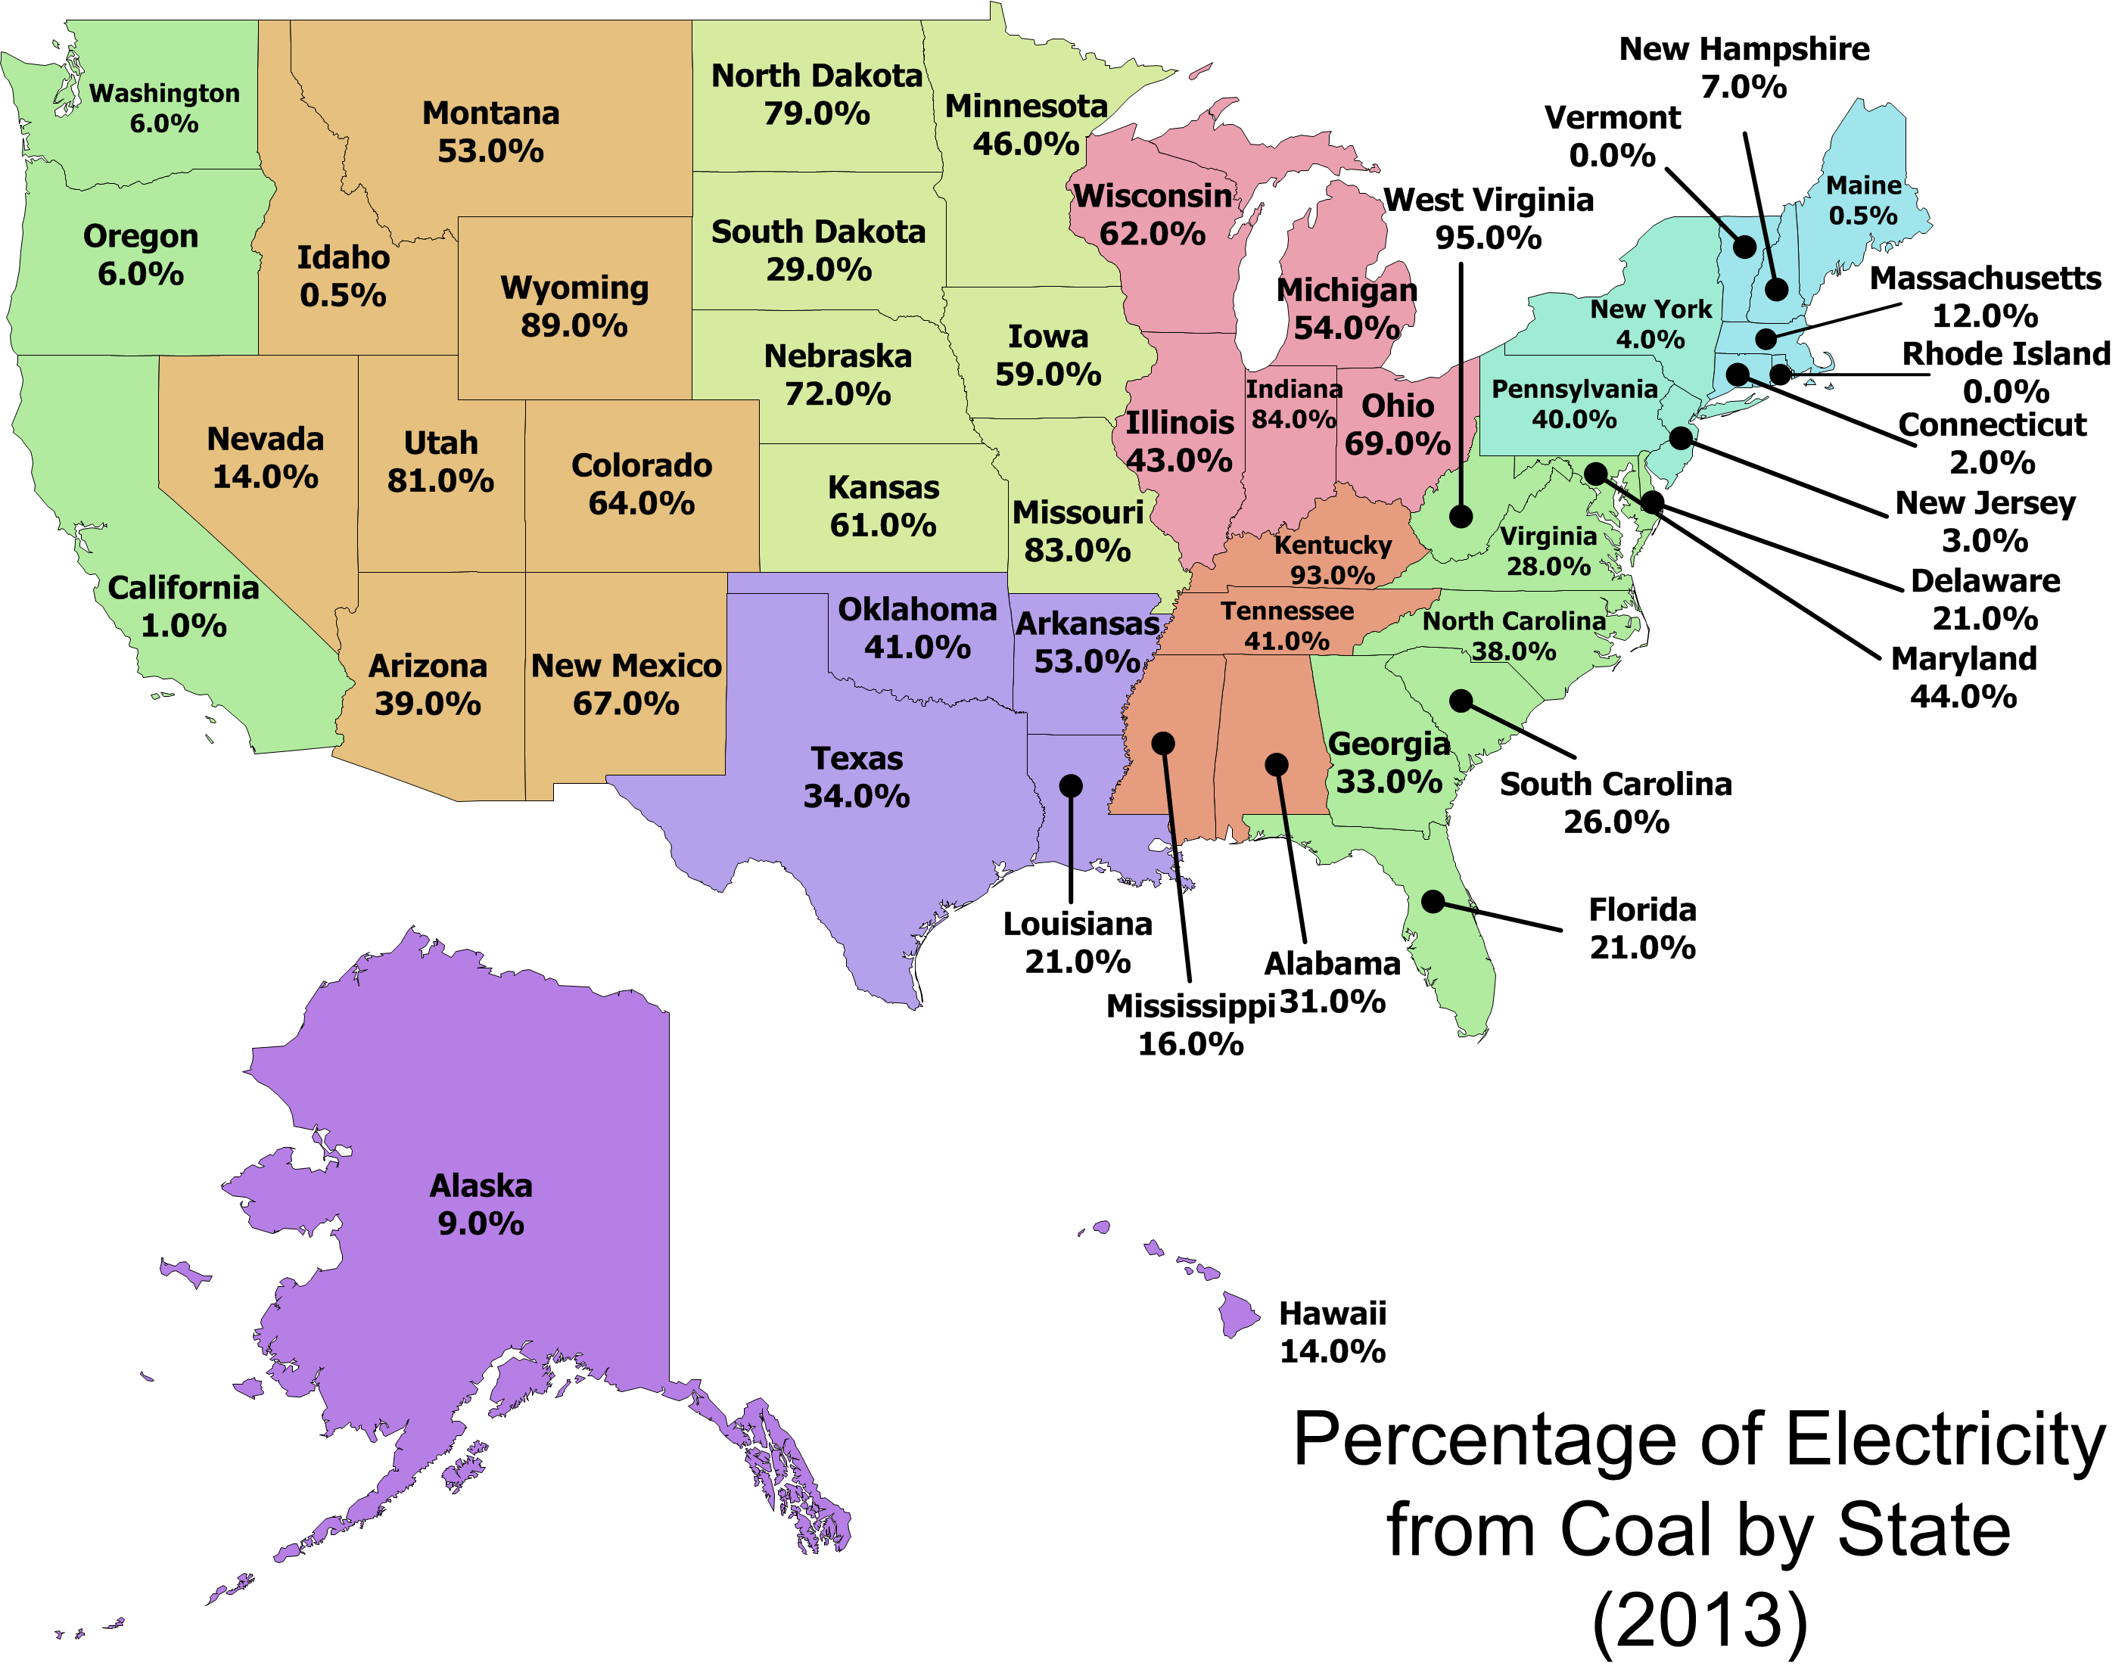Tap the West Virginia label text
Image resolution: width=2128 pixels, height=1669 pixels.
[1489, 200]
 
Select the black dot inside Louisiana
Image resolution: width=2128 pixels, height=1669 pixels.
[1072, 785]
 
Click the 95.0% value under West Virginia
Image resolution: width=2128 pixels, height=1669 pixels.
[1488, 238]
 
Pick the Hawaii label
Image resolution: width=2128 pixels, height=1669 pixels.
[1333, 1313]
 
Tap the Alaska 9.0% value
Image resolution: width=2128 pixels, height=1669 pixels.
[481, 1223]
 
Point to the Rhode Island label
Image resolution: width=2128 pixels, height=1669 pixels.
[2007, 354]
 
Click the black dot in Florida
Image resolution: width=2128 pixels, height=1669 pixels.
[1433, 901]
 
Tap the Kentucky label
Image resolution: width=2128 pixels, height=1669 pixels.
[1333, 545]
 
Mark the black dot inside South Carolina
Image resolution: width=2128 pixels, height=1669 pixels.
[1461, 701]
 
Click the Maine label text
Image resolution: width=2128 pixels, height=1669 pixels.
[1864, 185]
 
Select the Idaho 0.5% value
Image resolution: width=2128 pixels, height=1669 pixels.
[343, 295]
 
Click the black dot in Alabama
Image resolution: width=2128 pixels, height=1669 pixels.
[1277, 764]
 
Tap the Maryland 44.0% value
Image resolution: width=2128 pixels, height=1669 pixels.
[1964, 697]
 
